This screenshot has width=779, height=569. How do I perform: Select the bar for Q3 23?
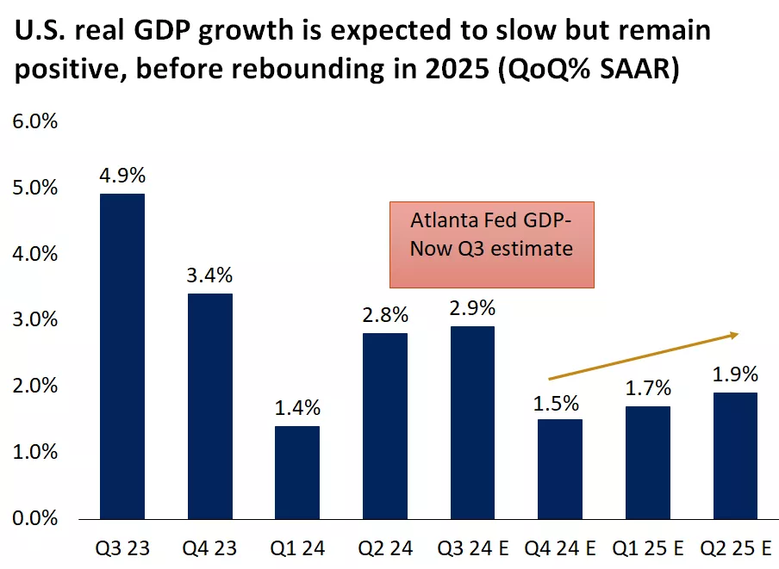pyautogui.click(x=122, y=356)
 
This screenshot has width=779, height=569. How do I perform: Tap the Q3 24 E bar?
pyautogui.click(x=473, y=422)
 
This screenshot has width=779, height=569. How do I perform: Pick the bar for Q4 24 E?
pyautogui.click(x=560, y=468)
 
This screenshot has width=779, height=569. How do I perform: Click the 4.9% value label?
pyautogui.click(x=122, y=176)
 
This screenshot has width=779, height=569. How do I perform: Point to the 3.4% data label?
pyautogui.click(x=210, y=275)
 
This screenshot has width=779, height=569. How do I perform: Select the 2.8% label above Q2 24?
pyautogui.click(x=385, y=315)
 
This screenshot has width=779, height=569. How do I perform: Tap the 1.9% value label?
pyautogui.click(x=735, y=374)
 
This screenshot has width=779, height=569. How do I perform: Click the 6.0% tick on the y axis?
pyautogui.click(x=34, y=121)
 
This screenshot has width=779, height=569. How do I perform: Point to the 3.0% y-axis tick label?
pyautogui.click(x=34, y=320)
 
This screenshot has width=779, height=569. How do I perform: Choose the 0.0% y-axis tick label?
pyautogui.click(x=34, y=518)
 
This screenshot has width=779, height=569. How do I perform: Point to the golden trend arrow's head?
pyautogui.click(x=734, y=334)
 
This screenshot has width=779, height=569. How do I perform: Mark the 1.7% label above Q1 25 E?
pyautogui.click(x=648, y=388)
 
